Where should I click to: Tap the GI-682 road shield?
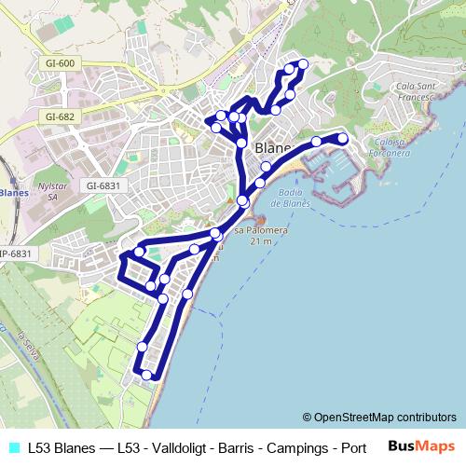point(59,117)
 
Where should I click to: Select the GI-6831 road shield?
point(103,185)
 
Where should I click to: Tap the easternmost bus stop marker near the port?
point(342,139)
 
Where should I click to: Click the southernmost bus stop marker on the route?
point(147,375)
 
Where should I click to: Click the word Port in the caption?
point(352,446)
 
